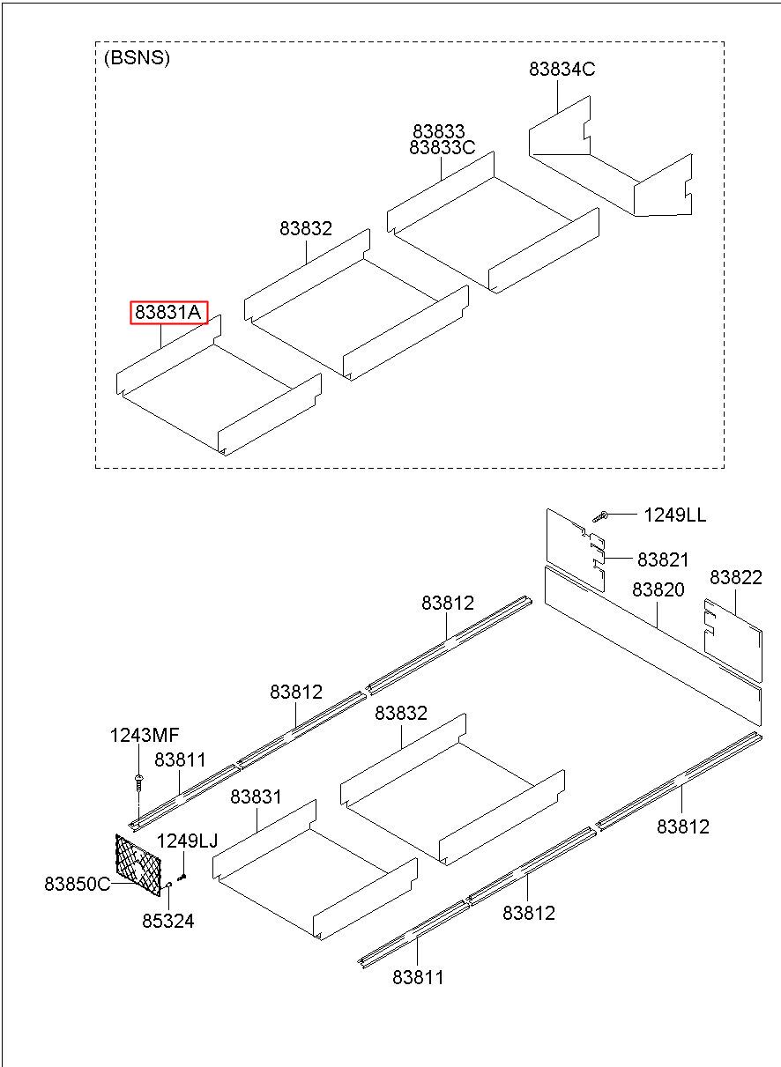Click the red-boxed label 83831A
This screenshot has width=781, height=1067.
(168, 313)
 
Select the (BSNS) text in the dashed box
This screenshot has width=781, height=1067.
(137, 57)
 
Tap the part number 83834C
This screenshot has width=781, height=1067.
(562, 70)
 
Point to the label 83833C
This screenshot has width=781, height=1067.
(443, 148)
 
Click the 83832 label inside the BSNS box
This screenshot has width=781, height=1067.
(306, 229)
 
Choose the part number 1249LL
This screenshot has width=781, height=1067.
(674, 515)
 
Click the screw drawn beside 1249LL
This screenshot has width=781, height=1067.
(600, 515)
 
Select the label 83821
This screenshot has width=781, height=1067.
(663, 559)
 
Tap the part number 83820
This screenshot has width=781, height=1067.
(658, 589)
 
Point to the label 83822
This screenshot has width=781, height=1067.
(736, 577)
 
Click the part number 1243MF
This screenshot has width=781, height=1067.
(145, 735)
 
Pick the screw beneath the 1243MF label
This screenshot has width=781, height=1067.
(138, 782)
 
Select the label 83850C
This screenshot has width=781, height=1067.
(78, 884)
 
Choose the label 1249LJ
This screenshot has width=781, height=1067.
(187, 841)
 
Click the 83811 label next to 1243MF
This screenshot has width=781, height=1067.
(180, 759)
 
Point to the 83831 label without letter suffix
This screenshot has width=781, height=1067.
(256, 797)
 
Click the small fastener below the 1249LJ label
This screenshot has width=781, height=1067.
(182, 876)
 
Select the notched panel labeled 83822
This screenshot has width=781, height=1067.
(733, 641)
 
